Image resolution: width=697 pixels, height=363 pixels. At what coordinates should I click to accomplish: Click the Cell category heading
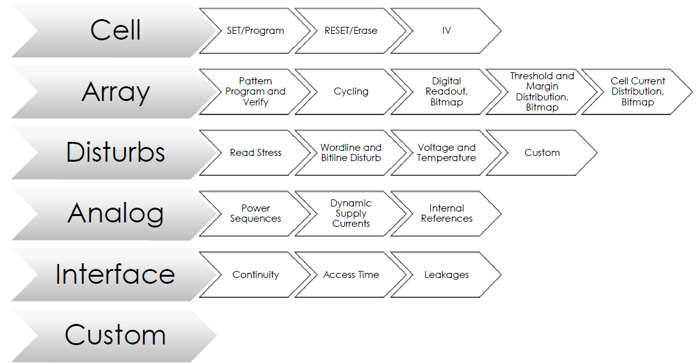pyautogui.click(x=115, y=30)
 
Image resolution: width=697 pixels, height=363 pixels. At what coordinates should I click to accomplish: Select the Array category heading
pyautogui.click(x=115, y=91)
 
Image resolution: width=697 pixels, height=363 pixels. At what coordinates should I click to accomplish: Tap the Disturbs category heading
pyautogui.click(x=115, y=152)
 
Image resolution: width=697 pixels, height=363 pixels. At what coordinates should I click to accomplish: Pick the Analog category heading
pyautogui.click(x=115, y=213)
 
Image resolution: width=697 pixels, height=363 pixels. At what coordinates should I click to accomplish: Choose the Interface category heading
pyautogui.click(x=115, y=274)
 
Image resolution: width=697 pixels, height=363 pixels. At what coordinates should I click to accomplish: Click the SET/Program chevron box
pyautogui.click(x=255, y=30)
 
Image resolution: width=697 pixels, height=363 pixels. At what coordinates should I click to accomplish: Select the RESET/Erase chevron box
pyautogui.click(x=351, y=30)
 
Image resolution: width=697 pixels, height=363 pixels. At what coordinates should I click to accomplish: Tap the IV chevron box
pyautogui.click(x=446, y=30)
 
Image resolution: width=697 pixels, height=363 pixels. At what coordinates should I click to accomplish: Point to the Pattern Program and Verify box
pyautogui.click(x=255, y=91)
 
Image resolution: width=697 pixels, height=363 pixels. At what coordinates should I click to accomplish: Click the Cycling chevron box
pyautogui.click(x=351, y=91)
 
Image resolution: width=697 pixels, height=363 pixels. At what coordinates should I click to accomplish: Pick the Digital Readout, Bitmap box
pyautogui.click(x=446, y=91)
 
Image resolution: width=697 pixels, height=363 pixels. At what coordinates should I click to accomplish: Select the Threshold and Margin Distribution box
pyautogui.click(x=541, y=91)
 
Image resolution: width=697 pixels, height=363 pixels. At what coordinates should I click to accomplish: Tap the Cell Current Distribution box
pyautogui.click(x=637, y=91)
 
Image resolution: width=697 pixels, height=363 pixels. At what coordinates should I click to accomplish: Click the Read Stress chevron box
pyautogui.click(x=255, y=153)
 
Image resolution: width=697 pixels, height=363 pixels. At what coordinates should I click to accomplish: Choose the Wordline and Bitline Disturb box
pyautogui.click(x=351, y=153)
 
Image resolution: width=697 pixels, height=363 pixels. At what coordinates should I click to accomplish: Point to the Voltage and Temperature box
pyautogui.click(x=446, y=153)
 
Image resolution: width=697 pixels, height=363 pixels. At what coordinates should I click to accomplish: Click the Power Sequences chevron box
pyautogui.click(x=255, y=213)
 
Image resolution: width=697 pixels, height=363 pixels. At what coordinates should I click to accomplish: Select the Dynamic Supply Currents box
pyautogui.click(x=351, y=213)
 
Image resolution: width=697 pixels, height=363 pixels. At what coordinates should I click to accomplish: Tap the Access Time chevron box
pyautogui.click(x=351, y=275)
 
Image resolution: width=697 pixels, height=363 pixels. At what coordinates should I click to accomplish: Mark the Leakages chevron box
pyautogui.click(x=446, y=275)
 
